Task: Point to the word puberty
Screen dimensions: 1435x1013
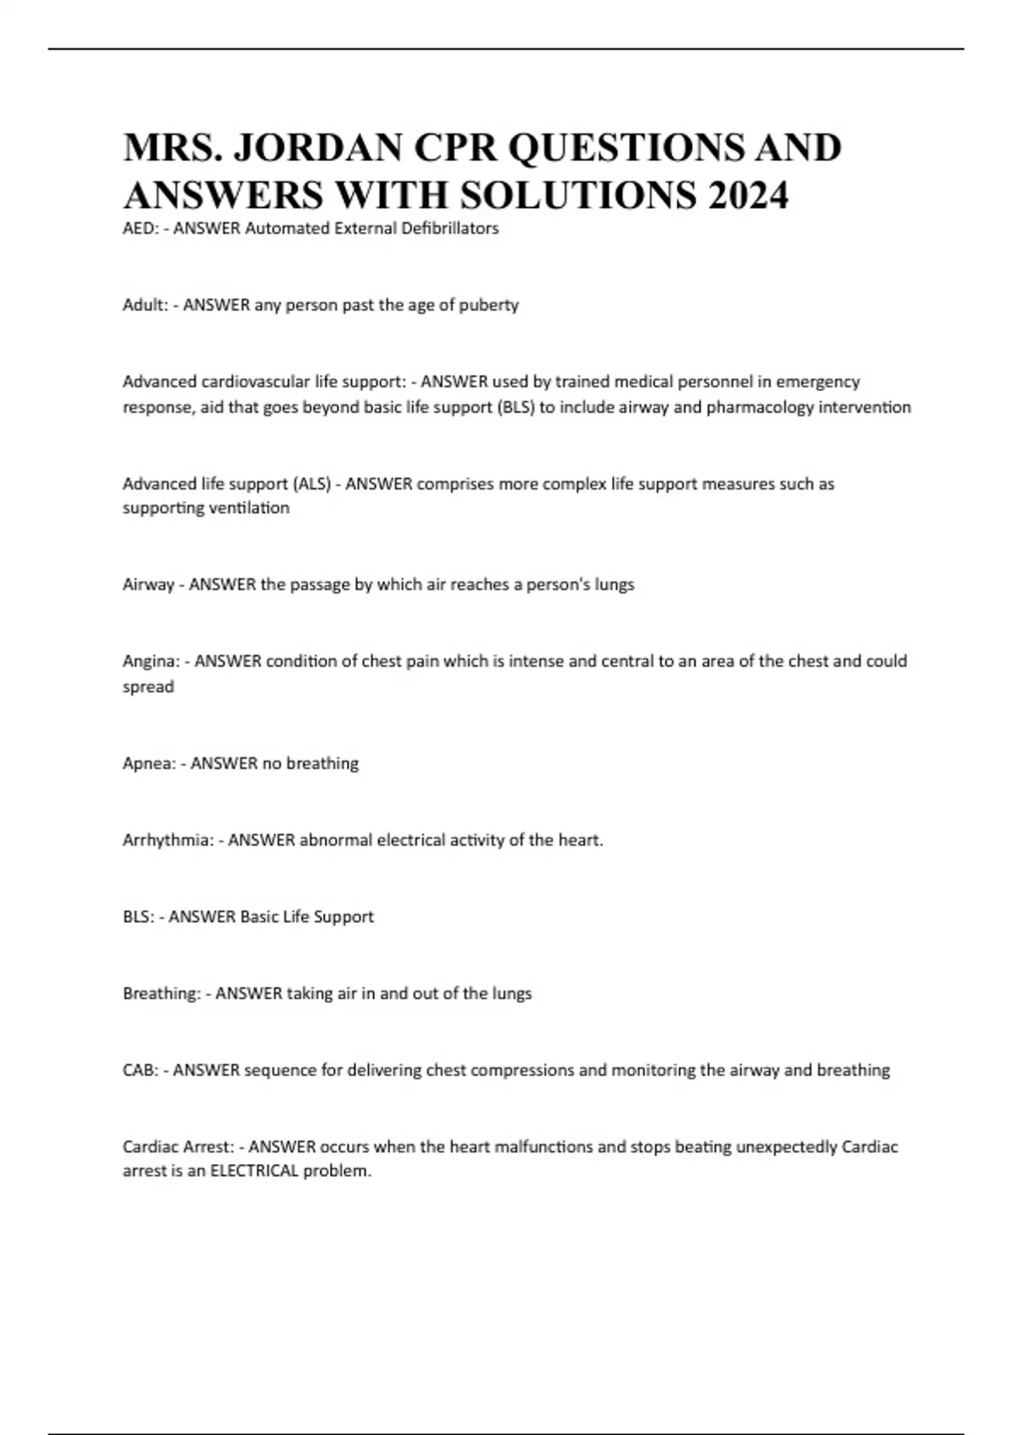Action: [x=489, y=305]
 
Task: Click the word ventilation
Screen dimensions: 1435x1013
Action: [x=249, y=508]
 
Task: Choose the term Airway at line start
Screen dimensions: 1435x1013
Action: [x=148, y=584]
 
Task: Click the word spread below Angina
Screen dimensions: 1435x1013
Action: [x=148, y=687]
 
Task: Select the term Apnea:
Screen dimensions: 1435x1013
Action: [x=149, y=763]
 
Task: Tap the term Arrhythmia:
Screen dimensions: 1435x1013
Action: [x=168, y=840]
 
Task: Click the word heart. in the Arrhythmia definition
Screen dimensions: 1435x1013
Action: [x=581, y=840]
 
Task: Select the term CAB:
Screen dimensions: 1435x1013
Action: [x=140, y=1070]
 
